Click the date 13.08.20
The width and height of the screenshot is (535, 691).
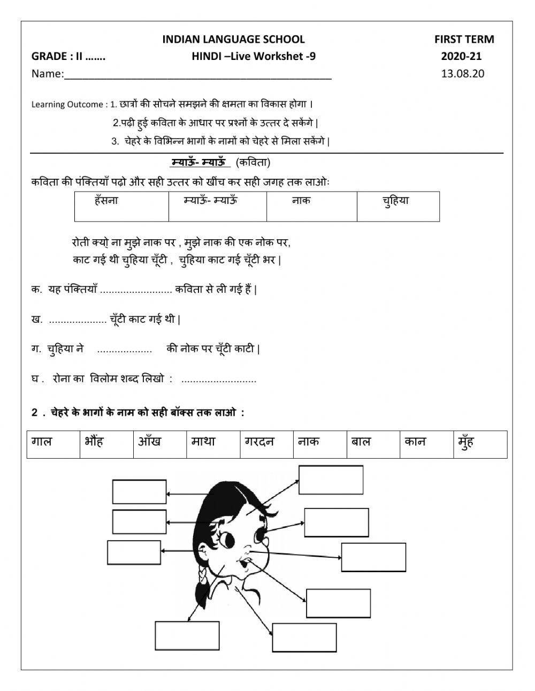pos(462,74)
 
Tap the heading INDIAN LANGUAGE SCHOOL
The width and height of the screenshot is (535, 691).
pos(233,39)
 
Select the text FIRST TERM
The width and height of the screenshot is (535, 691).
pos(464,39)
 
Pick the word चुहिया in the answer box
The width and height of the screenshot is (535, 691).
pos(395,201)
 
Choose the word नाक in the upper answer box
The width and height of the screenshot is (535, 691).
pos(301,201)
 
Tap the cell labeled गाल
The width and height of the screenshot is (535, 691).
pos(42,442)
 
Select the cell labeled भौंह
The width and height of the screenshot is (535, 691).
pos(95,442)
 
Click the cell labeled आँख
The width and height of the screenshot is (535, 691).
pos(150,442)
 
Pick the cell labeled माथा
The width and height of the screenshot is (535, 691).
pos(204,442)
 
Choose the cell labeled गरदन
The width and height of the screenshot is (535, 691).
pos(259,442)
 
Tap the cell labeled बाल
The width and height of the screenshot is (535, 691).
pos(361,442)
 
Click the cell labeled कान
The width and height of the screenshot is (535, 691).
pos(416,442)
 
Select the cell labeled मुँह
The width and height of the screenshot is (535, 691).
pos(466,442)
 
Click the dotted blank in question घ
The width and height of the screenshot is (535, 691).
pos(219,380)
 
